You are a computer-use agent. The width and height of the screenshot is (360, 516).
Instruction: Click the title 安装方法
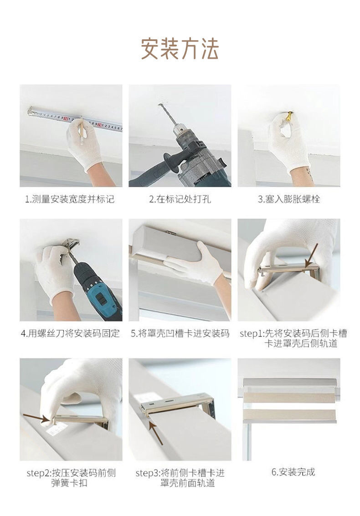180,49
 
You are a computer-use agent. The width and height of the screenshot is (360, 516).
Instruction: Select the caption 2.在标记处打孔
180,199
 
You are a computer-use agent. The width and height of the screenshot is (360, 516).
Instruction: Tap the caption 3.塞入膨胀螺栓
289,199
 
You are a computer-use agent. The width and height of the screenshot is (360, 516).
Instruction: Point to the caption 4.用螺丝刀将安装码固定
70,334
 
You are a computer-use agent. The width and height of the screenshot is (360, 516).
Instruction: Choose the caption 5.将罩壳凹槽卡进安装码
180,334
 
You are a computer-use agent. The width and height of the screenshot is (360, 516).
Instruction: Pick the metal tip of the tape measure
31,111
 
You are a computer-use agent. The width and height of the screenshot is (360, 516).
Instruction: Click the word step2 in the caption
36,473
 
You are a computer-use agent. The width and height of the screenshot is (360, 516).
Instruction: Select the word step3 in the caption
146,473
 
